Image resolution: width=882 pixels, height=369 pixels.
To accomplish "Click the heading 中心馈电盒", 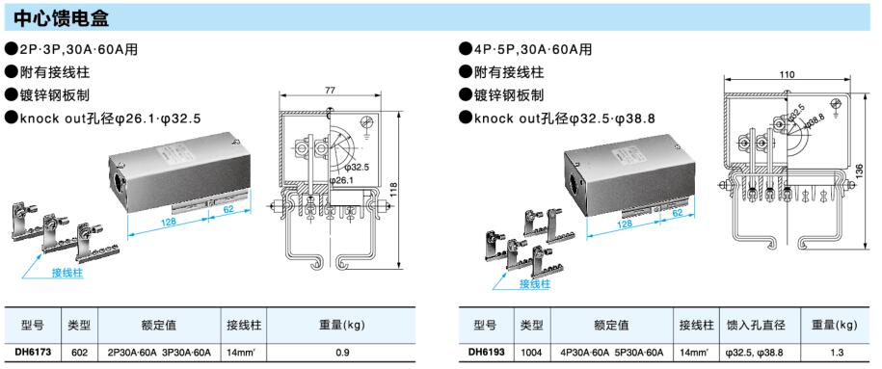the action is (x=62, y=17).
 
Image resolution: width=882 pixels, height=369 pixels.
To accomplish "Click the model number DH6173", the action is (x=33, y=353).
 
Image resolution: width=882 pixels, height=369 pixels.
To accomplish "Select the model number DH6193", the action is (x=487, y=353).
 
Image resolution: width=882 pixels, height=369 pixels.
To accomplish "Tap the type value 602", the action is (x=80, y=353).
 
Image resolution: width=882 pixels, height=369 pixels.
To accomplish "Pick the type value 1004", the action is (x=531, y=353).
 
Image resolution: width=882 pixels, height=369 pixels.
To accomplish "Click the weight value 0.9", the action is (x=342, y=353).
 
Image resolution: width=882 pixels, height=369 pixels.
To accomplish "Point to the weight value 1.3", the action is (x=837, y=353).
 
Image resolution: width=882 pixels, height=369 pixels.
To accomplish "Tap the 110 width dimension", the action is (x=788, y=74).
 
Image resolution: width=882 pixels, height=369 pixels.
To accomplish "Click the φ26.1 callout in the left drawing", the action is (x=341, y=180).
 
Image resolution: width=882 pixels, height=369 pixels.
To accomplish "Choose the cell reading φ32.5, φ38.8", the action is (x=755, y=353).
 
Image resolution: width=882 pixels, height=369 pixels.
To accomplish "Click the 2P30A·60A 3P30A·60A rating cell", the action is (x=159, y=353).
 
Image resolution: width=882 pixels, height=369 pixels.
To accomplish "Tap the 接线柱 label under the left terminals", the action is (x=67, y=274).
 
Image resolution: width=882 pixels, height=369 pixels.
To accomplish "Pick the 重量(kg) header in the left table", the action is (x=342, y=325).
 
